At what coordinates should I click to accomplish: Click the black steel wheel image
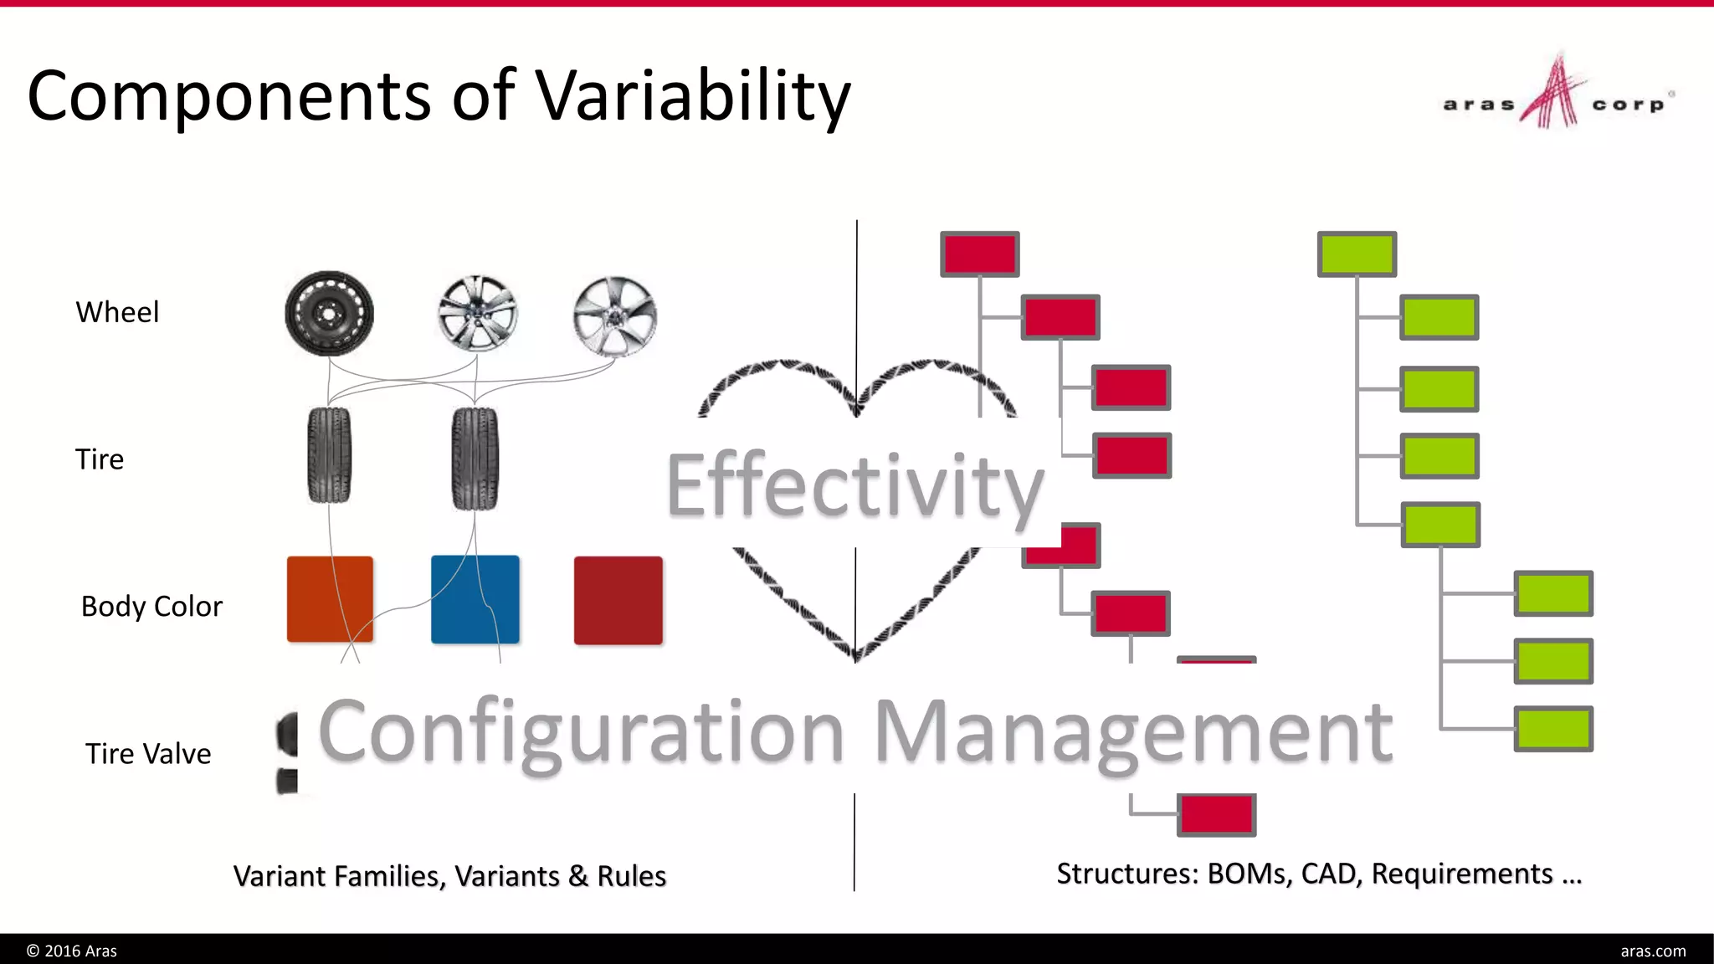[x=329, y=314]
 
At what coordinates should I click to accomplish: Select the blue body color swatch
[x=475, y=599]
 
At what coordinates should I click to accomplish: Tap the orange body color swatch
[x=330, y=599]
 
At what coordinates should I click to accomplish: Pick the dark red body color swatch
[x=618, y=600]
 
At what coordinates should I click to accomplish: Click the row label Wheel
[x=117, y=312]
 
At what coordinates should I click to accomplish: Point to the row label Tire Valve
[x=148, y=754]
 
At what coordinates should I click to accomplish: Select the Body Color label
[x=151, y=606]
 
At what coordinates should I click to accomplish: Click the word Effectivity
[x=854, y=486]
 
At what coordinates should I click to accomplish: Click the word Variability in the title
[x=693, y=95]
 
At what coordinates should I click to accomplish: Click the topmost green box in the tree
[x=1357, y=254]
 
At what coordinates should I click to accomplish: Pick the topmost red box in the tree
[x=979, y=254]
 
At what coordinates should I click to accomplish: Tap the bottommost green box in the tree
[x=1553, y=729]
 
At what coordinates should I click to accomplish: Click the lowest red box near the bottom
[x=1216, y=814]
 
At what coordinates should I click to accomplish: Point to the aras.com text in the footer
[x=1653, y=951]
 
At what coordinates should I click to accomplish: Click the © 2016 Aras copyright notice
[x=72, y=951]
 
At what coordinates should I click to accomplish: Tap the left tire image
[x=329, y=455]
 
